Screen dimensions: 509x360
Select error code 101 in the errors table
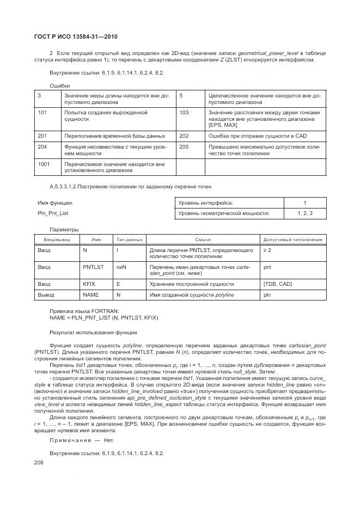pyautogui.click(x=42, y=112)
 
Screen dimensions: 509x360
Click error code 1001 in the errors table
pyautogui.click(x=44, y=163)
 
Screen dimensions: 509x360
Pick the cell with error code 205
pyautogui.click(x=184, y=146)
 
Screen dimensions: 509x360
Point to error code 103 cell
pyautogui.click(x=184, y=112)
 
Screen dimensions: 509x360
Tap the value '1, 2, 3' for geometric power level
pyautogui.click(x=304, y=213)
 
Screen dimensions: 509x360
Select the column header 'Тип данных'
pyautogui.click(x=130, y=239)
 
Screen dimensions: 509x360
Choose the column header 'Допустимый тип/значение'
pyautogui.click(x=292, y=239)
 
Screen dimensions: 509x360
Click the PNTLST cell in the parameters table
pyautogui.click(x=93, y=267)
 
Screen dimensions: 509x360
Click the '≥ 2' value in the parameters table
pyautogui.click(x=267, y=250)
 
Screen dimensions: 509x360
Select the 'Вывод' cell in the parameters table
pyautogui.click(x=46, y=295)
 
